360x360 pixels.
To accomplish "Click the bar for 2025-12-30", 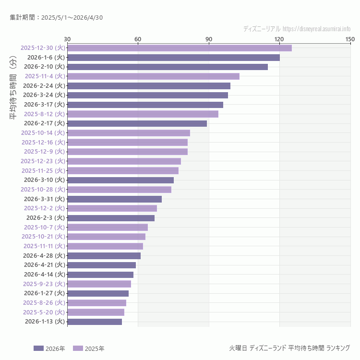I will pos(179,48).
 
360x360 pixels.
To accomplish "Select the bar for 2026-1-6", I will pos(173,58).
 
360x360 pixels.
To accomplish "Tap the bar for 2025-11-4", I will pos(153,76).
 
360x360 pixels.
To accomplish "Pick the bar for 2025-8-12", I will pos(143,114).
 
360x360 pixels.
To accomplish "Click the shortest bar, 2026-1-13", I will pos(95,322).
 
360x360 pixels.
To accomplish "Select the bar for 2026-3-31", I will pos(114,199).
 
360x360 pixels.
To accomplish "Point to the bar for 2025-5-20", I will pos(96,312).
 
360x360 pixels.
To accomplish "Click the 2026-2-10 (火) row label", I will pos(44,67).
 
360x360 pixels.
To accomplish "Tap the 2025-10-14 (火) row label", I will pos(43,133).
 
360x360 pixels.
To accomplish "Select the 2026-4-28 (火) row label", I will pos(44,256).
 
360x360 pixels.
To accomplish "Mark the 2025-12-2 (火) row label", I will pos(44,208).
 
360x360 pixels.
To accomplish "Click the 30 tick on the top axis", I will pos(67,39).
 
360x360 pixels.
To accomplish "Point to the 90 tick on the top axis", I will pos(209,39).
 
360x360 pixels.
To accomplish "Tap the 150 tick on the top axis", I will pos(350,39).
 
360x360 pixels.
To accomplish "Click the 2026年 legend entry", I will pos(49,348).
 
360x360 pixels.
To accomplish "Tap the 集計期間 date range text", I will pos(56,18).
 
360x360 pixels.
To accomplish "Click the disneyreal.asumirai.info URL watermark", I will pos(317,29).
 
